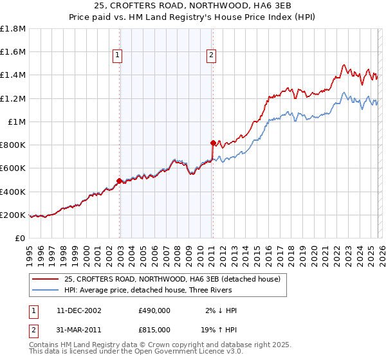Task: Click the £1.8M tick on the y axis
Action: [x=14, y=29]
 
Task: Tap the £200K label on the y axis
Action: [x=13, y=215]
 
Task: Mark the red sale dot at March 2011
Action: [x=213, y=143]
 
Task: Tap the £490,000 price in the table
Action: [x=154, y=310]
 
